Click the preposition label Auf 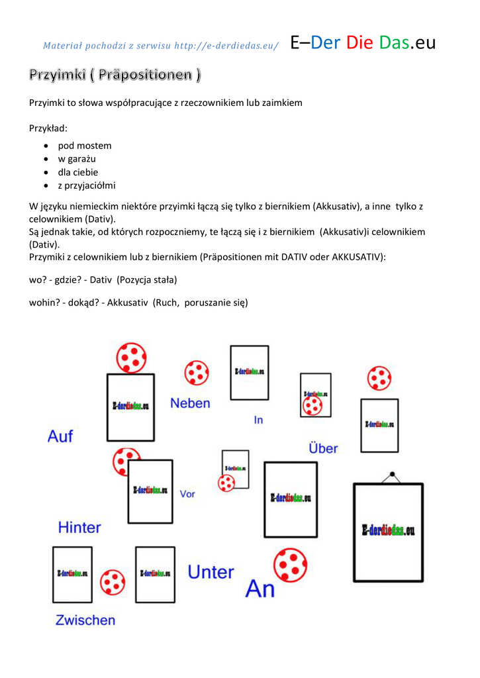click(60, 436)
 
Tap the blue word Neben click(190, 403)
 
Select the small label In click(258, 420)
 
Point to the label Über click(323, 448)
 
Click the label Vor click(187, 494)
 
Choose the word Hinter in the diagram click(79, 528)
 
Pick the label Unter click(211, 572)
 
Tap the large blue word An click(260, 589)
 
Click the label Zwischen click(85, 620)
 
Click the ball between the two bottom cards click(113, 583)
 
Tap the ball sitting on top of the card click(131, 358)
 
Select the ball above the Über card click(379, 378)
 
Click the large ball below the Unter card click(291, 564)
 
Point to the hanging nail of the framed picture click(392, 474)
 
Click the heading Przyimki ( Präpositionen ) click(115, 75)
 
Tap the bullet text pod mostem click(85, 146)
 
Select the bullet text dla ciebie click(77, 172)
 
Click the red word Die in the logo click(360, 43)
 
